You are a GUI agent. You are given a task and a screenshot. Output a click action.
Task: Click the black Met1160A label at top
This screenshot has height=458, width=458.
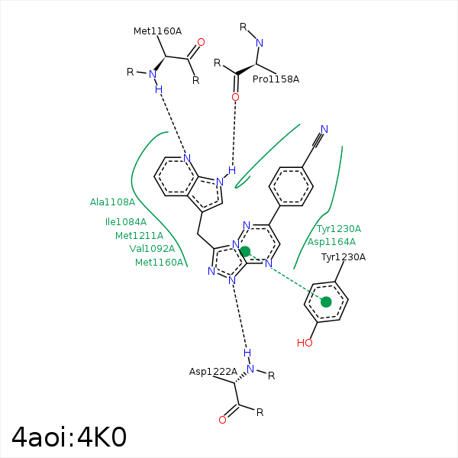(157, 31)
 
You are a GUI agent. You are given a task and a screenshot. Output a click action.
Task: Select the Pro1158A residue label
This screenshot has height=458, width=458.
(276, 79)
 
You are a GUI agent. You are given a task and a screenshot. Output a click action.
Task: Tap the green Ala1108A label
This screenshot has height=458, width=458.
(112, 202)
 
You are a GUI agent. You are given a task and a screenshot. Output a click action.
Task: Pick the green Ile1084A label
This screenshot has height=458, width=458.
(126, 222)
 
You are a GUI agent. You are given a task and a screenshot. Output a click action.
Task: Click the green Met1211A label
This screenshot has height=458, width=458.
(139, 235)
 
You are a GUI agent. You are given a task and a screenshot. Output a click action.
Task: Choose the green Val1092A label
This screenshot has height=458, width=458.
(152, 249)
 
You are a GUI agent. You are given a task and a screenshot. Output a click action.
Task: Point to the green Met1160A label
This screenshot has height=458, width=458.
(160, 263)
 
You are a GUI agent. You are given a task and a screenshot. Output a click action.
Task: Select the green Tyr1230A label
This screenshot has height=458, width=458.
(339, 229)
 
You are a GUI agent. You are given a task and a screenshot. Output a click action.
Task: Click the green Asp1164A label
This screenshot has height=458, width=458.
(331, 242)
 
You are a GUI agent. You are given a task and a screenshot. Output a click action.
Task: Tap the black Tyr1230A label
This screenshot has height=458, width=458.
(343, 257)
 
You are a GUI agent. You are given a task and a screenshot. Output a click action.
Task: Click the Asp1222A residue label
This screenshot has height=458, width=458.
(213, 372)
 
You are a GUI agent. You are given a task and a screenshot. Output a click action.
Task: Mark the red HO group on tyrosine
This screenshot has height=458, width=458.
(305, 343)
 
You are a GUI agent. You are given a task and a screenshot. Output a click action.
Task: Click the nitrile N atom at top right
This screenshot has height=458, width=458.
(324, 129)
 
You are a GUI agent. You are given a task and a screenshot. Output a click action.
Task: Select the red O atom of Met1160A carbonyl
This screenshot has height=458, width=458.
(201, 42)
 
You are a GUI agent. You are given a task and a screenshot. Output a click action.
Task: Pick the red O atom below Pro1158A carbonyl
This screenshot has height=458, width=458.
(235, 97)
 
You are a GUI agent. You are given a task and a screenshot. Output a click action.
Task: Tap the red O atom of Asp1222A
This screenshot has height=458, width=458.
(222, 420)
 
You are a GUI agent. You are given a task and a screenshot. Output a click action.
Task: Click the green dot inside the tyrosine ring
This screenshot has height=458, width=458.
(326, 302)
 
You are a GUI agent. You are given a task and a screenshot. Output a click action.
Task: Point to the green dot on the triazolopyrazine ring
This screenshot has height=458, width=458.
(245, 251)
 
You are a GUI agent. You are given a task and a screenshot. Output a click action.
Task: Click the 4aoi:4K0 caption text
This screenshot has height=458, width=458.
(69, 437)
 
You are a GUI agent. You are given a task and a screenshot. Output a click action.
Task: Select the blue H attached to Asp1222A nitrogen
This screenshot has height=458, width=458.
(247, 353)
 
